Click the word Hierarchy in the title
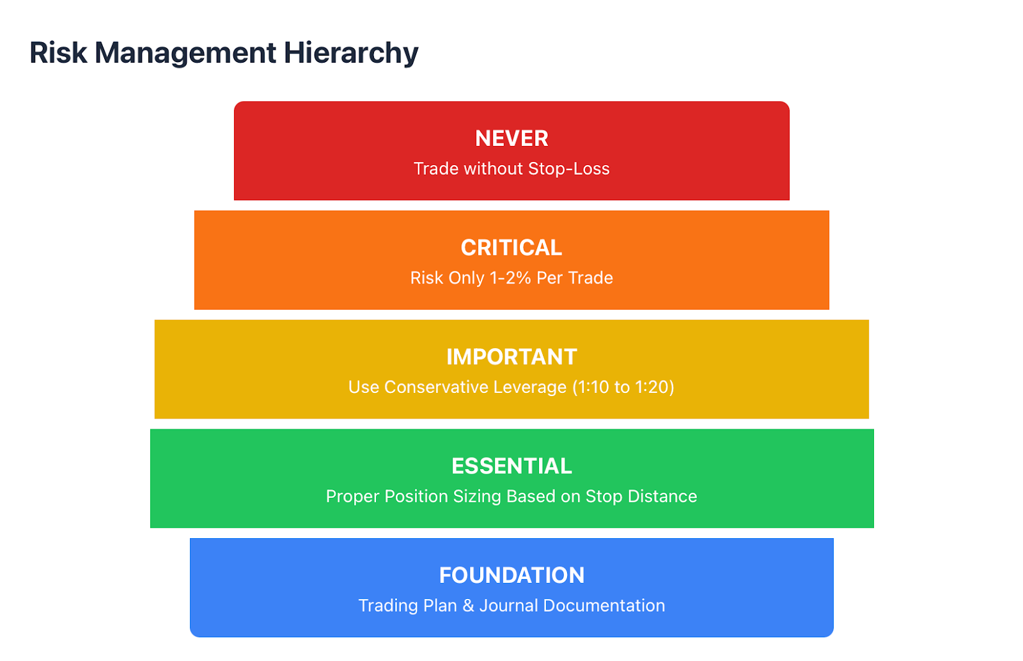[x=351, y=54]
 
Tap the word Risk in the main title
[x=58, y=52]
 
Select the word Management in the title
[x=185, y=54]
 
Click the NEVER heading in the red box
[x=511, y=138]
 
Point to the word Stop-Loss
[x=568, y=169]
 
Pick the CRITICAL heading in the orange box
[x=511, y=248]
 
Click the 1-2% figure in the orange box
[x=510, y=278]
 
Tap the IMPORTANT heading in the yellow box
[x=511, y=357]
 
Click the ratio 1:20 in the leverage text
[x=652, y=387]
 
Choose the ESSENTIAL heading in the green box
[x=511, y=466]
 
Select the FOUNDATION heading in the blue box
[x=511, y=575]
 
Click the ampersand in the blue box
[x=468, y=606]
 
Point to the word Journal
[x=508, y=606]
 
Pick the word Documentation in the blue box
[x=604, y=606]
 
